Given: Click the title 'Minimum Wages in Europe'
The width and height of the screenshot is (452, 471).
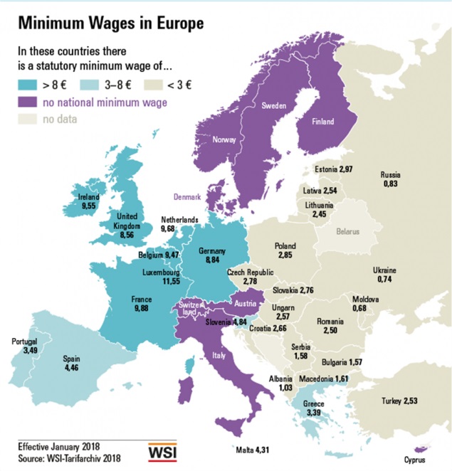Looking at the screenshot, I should (110, 23).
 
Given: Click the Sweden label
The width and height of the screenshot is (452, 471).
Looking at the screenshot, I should (273, 105).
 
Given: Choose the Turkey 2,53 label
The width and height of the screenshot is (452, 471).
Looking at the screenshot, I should (399, 401).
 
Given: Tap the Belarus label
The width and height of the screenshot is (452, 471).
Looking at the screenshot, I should (348, 232).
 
